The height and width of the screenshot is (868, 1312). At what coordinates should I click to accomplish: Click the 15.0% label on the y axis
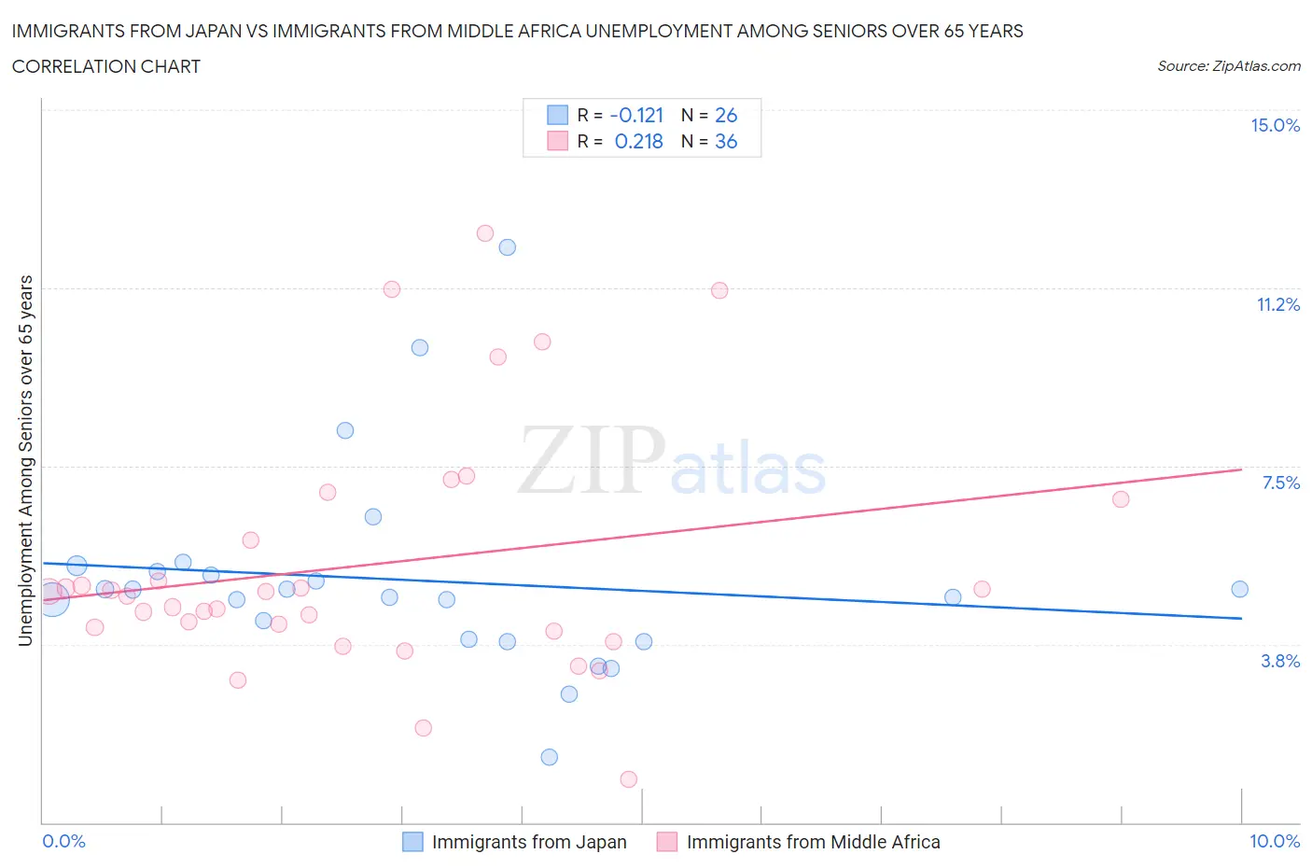[x=1275, y=126]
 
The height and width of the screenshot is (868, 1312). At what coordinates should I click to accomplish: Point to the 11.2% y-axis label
[x=1277, y=304]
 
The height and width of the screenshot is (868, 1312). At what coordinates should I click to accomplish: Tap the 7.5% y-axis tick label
[x=1280, y=483]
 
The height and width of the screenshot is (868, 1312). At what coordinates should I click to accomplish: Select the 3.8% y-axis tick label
[x=1280, y=661]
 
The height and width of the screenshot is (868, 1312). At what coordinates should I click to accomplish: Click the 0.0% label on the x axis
[x=63, y=841]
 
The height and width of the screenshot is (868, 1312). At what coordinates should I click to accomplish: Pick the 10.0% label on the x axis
[x=1274, y=841]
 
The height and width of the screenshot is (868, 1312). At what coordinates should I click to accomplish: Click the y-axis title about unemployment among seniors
[x=25, y=461]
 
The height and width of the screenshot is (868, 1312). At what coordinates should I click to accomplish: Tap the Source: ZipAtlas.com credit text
[x=1228, y=66]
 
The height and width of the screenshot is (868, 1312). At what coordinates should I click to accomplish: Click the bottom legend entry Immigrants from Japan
[x=528, y=842]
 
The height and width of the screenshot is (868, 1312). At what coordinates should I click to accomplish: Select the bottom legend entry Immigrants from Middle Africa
[x=813, y=842]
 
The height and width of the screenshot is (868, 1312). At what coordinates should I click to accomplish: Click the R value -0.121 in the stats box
[x=636, y=115]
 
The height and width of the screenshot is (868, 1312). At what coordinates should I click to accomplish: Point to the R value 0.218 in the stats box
[x=638, y=141]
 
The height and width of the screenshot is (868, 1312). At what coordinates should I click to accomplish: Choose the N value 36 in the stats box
[x=726, y=141]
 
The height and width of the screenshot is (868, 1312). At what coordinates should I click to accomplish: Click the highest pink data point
[x=485, y=233]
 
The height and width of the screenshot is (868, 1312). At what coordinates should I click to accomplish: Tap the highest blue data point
[x=508, y=247]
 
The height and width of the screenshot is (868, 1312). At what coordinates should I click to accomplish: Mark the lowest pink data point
[x=629, y=779]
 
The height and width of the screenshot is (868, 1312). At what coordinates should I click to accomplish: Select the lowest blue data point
[x=550, y=757]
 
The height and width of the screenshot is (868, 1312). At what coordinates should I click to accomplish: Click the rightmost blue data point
[x=1239, y=589]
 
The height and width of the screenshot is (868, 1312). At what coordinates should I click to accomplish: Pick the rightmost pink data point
[x=1121, y=499]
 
